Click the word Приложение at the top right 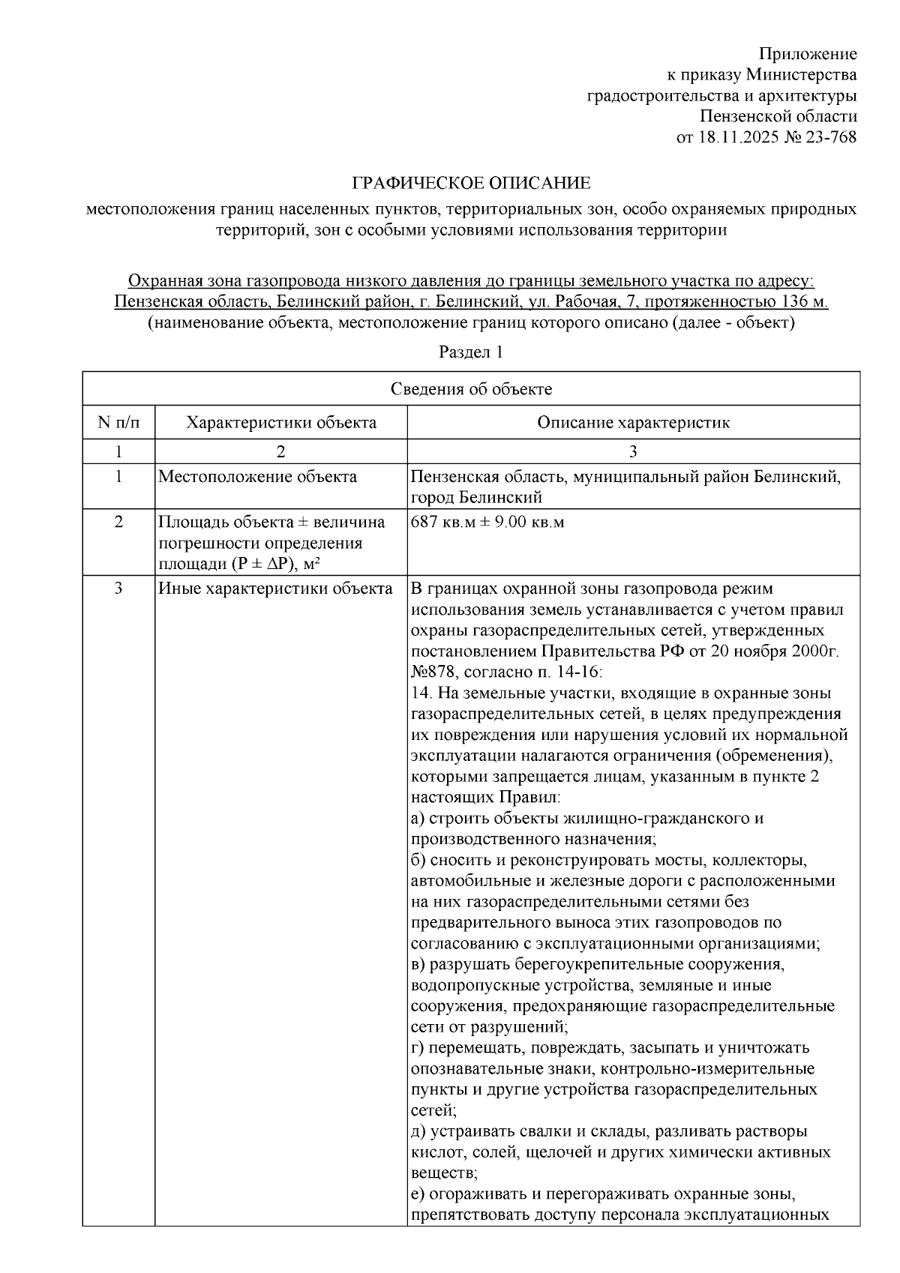coord(808,54)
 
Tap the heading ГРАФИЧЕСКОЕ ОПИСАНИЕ coord(472,183)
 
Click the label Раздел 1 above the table coord(470,352)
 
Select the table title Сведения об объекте coord(471,389)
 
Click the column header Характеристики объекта coord(281,423)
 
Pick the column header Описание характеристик coord(633,423)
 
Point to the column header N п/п coord(118,423)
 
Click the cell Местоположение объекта coord(257,477)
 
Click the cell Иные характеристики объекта coord(275,589)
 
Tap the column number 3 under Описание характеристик coord(633,451)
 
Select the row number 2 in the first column coord(118,522)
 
